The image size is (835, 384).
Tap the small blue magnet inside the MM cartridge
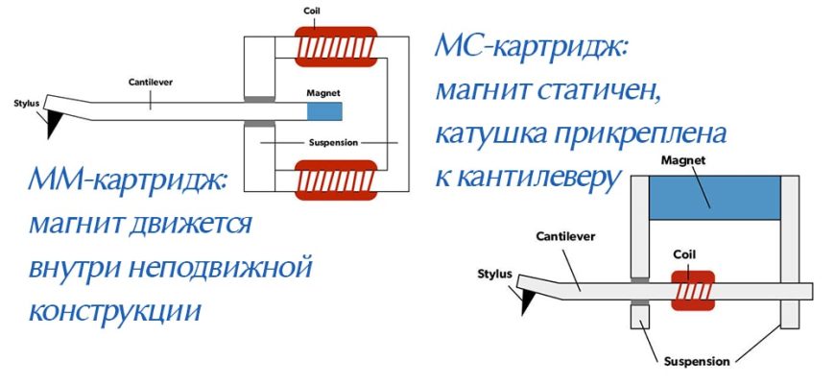pyautogui.click(x=323, y=110)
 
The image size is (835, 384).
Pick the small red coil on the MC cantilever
pyautogui.click(x=693, y=289)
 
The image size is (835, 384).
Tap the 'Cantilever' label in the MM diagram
pyautogui.click(x=150, y=82)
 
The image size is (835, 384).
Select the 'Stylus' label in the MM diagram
pyautogui.click(x=26, y=103)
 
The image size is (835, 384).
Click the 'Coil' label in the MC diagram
pyautogui.click(x=693, y=256)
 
